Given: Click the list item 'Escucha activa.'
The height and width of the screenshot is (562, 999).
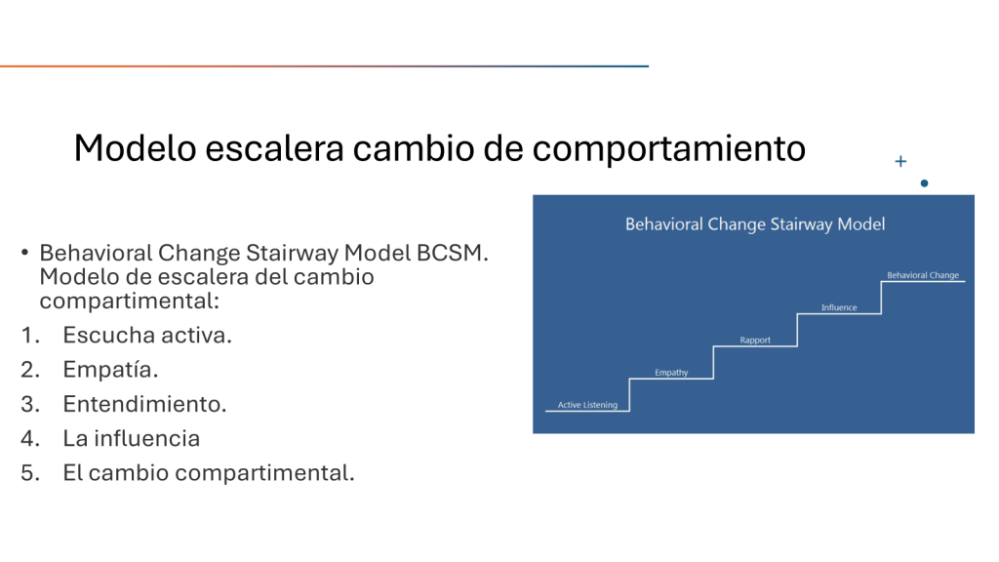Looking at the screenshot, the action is point(147,336).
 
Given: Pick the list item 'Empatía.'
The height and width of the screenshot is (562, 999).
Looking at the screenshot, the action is point(110,370).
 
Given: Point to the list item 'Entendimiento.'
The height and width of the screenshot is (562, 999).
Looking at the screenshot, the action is point(144,404).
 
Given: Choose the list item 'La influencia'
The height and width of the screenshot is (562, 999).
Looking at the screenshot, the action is point(132,438).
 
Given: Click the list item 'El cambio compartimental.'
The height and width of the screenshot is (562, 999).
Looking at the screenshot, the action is point(209,473).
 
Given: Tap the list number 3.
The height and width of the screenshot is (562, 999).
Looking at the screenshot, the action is point(30,404).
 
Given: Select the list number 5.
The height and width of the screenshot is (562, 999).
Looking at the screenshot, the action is point(30,473).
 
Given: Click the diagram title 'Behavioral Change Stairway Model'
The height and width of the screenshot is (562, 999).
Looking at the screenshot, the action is point(755,224).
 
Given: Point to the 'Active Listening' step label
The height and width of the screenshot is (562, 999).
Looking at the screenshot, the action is point(587,405).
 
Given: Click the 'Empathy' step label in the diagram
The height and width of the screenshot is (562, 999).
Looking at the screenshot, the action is point(671,372).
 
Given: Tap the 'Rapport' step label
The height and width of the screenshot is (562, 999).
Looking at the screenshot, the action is point(755,340).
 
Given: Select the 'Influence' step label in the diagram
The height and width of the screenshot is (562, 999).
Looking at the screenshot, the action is point(839,307).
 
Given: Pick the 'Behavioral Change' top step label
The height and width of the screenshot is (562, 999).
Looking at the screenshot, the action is point(923,275).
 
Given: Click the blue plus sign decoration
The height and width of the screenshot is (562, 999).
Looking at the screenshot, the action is point(900,161).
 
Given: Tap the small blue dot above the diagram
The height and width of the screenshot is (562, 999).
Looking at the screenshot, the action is point(925,183).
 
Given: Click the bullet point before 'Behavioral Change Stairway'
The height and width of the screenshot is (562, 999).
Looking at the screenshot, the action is point(24,253).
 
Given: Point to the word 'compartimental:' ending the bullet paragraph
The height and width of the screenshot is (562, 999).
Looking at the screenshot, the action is point(130,301).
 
